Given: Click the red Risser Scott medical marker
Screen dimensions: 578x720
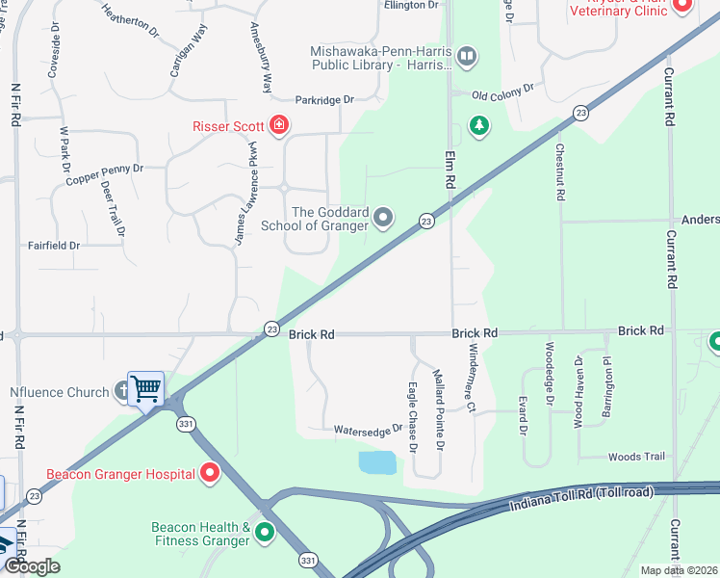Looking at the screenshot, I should pyautogui.click(x=278, y=124).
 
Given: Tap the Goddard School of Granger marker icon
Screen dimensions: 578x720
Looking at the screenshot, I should pyautogui.click(x=383, y=218).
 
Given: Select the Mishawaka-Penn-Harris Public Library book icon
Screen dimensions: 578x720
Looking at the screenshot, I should pyautogui.click(x=467, y=57).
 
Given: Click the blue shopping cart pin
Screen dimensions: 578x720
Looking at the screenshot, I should pyautogui.click(x=145, y=390).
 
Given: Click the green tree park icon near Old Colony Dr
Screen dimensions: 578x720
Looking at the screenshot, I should pyautogui.click(x=477, y=125).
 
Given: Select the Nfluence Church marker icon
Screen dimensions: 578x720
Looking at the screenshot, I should pyautogui.click(x=122, y=391).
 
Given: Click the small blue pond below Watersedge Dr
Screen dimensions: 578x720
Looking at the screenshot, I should pyautogui.click(x=376, y=462).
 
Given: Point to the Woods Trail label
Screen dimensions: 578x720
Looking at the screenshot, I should pyautogui.click(x=637, y=457).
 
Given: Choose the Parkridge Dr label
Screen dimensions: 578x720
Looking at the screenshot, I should pyautogui.click(x=325, y=99).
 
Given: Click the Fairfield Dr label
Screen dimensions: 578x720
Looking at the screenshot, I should pyautogui.click(x=53, y=246).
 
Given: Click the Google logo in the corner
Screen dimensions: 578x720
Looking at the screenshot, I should pyautogui.click(x=31, y=565).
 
